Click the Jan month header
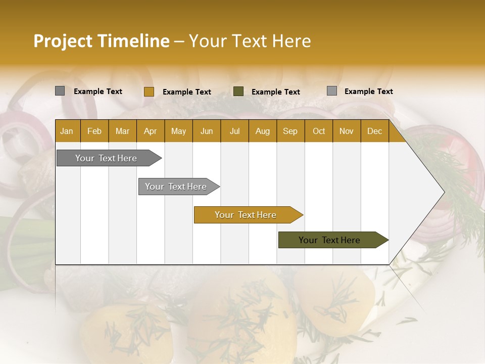[67, 131]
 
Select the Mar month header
[122, 131]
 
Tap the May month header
[178, 131]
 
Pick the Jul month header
[234, 131]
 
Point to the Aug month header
[262, 131]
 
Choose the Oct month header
[318, 131]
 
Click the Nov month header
[346, 131]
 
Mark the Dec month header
[374, 131]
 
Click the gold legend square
[149, 92]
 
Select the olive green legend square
[238, 92]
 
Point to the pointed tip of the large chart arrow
[444, 192]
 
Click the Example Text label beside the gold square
[186, 92]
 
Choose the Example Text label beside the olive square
[275, 92]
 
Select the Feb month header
[94, 131]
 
